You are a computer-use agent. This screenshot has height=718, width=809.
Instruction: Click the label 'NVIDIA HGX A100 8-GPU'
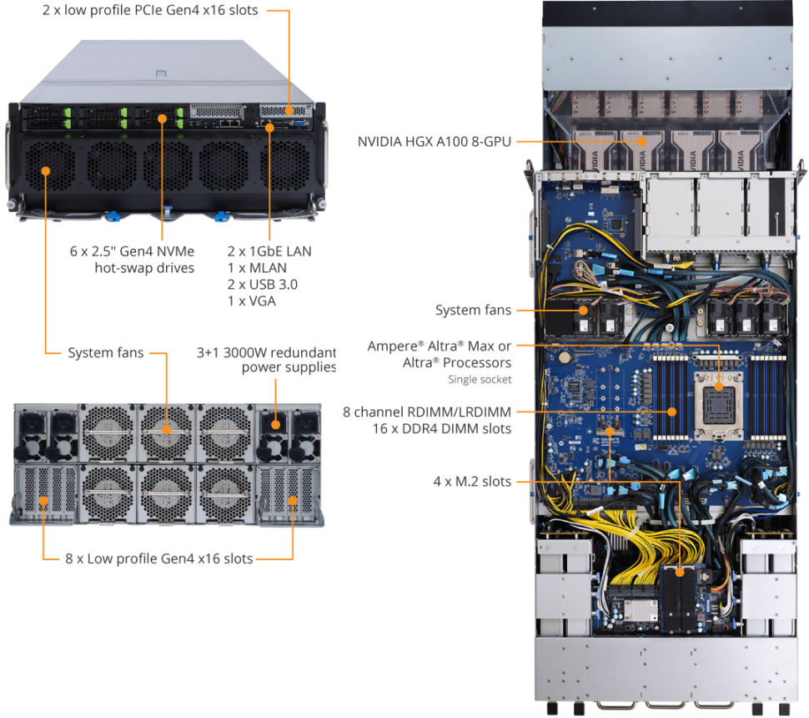(x=434, y=141)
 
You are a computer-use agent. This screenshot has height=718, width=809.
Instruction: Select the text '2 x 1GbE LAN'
(x=269, y=250)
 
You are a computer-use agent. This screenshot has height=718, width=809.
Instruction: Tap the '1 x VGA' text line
(x=251, y=301)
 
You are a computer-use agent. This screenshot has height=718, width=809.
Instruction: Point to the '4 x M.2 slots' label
(x=472, y=481)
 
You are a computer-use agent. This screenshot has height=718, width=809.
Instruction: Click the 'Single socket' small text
(x=480, y=380)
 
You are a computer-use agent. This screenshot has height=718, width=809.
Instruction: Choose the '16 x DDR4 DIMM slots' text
(x=442, y=428)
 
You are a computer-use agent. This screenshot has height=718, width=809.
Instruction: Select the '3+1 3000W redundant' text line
(x=265, y=351)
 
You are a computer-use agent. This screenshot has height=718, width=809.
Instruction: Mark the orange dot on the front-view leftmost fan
(x=45, y=170)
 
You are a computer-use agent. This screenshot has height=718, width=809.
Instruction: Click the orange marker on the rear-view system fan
(x=166, y=429)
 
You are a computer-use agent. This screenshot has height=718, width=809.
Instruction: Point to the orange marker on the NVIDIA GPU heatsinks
(x=642, y=141)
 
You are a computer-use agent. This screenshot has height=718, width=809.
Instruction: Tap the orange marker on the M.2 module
(x=680, y=572)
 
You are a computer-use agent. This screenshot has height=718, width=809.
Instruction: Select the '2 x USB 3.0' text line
(x=263, y=284)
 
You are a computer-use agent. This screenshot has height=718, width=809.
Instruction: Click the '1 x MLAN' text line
(x=257, y=267)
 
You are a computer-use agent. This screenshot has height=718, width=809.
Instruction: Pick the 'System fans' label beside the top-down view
(x=473, y=311)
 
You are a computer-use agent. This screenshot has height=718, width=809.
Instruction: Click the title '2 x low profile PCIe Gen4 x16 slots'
(x=150, y=11)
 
